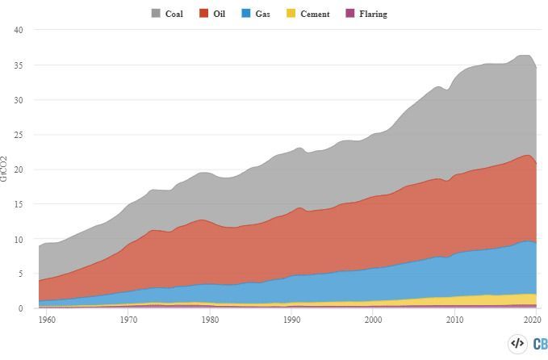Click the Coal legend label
[174, 14]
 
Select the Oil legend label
[219, 14]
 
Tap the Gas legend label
[262, 14]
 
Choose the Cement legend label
[315, 14]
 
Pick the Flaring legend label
[373, 14]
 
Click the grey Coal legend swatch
[157, 14]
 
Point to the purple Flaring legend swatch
[350, 14]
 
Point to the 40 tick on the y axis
[19, 30]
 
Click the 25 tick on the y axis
[19, 135]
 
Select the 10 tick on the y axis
[19, 240]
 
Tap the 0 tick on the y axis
[21, 309]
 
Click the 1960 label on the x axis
[47, 320]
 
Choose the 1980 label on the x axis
[210, 320]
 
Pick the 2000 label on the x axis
[373, 320]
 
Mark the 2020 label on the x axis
[532, 320]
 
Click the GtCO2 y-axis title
[5, 168]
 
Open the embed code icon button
[517, 343]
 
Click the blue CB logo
[539, 343]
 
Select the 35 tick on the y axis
[19, 65]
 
